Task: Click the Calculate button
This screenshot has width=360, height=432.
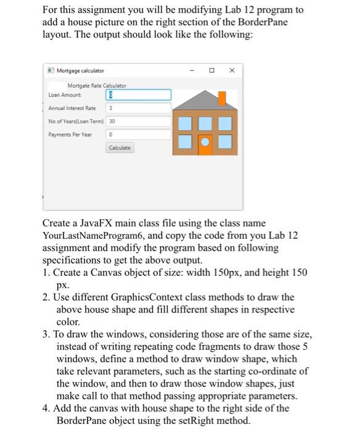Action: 120,148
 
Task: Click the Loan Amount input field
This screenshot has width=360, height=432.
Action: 139,95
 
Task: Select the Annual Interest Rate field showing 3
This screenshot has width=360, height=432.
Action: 139,108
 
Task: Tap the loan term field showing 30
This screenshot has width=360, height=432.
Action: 139,121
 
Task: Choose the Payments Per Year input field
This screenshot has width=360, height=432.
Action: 139,134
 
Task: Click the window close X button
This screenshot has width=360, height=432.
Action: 232,71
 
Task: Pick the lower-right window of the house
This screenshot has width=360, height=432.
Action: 224,143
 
